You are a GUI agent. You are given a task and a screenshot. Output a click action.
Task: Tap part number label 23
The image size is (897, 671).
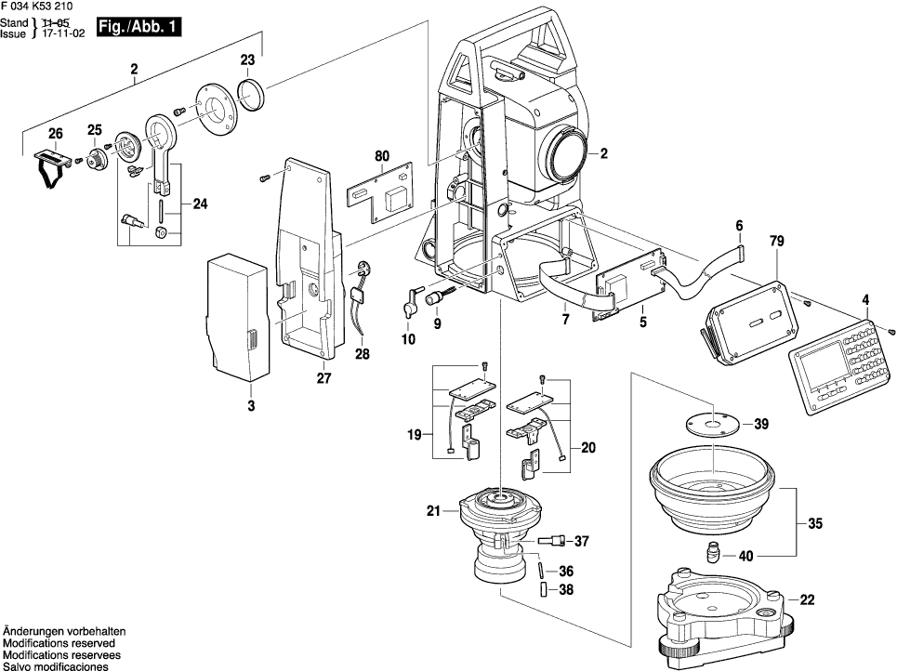(247, 60)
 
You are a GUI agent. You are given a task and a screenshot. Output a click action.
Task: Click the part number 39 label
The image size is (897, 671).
(761, 425)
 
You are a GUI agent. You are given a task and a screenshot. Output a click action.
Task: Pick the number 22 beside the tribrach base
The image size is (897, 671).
(807, 600)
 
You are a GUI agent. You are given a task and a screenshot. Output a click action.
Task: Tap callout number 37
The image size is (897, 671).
(582, 542)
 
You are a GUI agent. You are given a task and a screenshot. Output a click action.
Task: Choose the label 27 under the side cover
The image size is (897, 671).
(323, 378)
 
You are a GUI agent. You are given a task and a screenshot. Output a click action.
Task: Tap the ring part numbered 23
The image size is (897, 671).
(253, 94)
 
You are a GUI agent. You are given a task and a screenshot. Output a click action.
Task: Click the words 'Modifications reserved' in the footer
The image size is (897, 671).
(59, 643)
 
